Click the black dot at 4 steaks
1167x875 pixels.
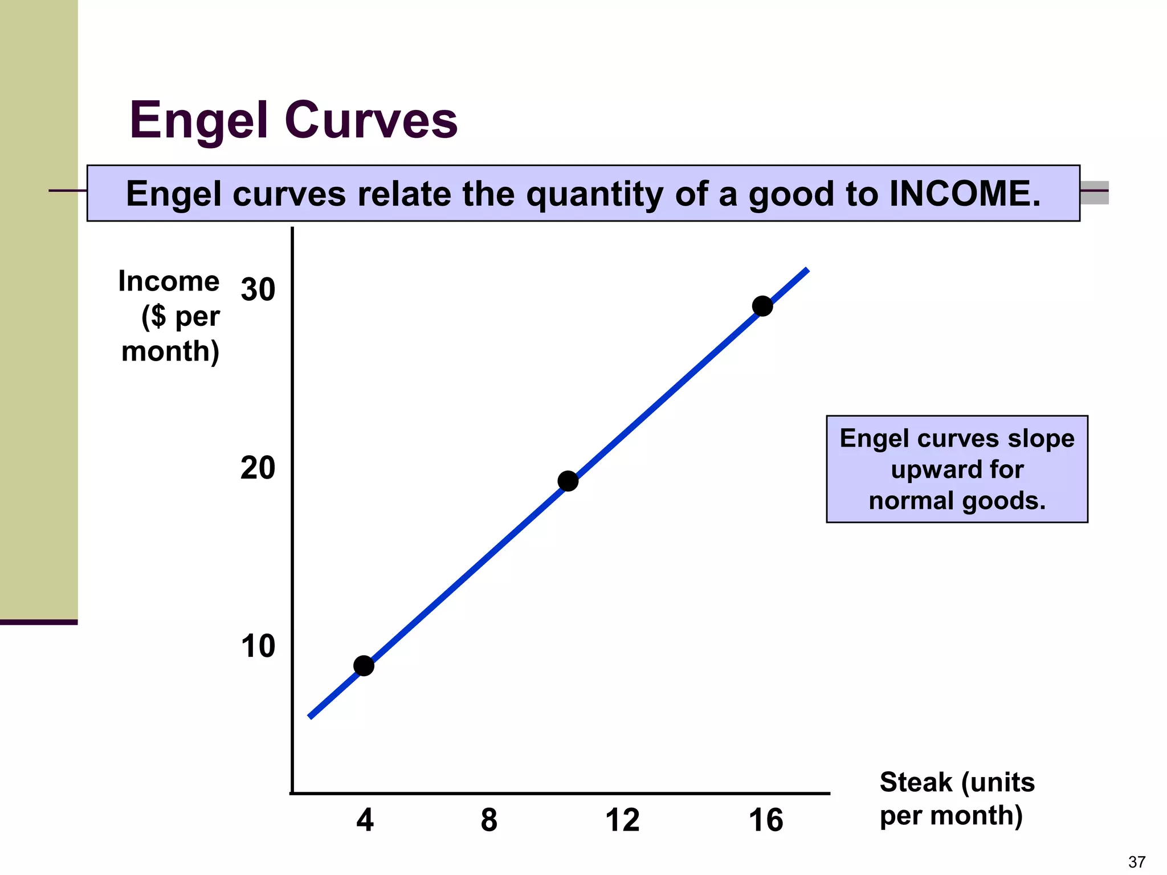[x=364, y=665]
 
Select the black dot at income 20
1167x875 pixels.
[x=568, y=481]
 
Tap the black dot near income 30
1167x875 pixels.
[x=762, y=306]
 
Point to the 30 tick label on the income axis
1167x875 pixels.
[x=258, y=289]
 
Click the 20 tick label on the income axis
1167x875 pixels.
[x=258, y=468]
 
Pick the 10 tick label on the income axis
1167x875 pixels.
[x=258, y=647]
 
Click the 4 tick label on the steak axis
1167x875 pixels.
[x=365, y=820]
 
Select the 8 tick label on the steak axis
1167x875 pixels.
[x=489, y=820]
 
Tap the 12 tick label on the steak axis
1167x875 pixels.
[x=622, y=820]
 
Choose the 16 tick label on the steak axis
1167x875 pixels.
[x=766, y=820]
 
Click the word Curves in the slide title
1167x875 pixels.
[x=371, y=121]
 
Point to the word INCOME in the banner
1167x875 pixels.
[x=965, y=194]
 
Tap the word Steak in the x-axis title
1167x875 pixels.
[x=916, y=782]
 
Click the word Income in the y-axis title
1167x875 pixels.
[x=169, y=281]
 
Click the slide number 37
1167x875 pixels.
[x=1137, y=862]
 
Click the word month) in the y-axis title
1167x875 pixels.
[x=170, y=351]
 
